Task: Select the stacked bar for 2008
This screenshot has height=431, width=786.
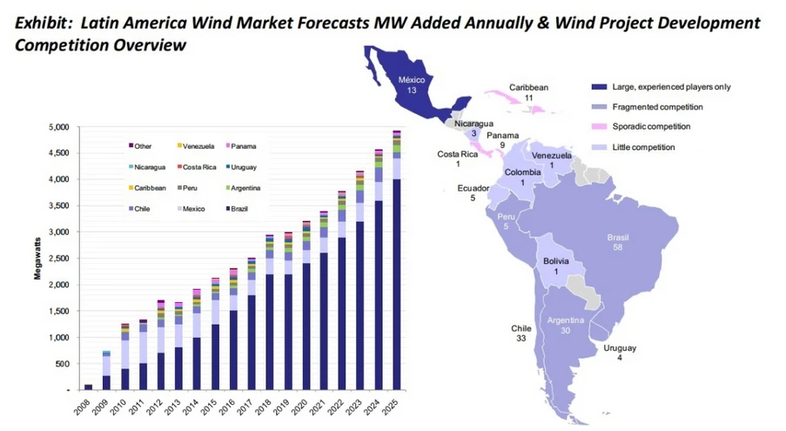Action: point(88,386)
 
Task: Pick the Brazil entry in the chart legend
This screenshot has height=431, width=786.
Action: point(244,208)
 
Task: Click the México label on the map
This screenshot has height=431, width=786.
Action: point(412,84)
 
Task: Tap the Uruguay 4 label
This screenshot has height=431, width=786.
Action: point(619,354)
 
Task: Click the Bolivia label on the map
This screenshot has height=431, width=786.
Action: point(555,266)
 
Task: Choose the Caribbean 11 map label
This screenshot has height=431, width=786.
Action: point(528,92)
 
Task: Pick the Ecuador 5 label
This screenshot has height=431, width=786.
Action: point(473,192)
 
